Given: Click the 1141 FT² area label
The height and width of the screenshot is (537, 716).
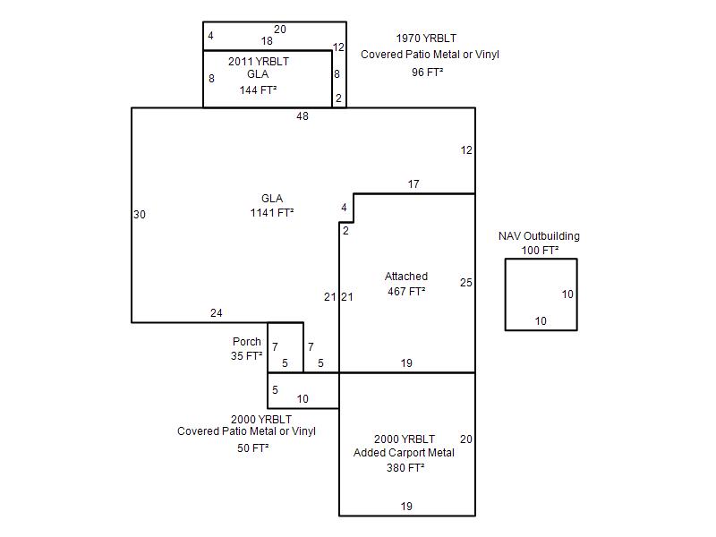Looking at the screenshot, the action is [272, 213].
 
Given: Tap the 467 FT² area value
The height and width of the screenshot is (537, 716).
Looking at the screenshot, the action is [406, 292].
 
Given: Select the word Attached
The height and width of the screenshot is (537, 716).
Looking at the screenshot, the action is [406, 277].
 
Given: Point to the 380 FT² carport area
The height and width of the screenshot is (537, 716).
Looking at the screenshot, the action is [405, 467].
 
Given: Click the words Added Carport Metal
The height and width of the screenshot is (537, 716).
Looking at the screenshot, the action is [404, 453].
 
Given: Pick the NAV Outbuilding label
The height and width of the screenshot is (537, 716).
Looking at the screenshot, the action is [539, 236].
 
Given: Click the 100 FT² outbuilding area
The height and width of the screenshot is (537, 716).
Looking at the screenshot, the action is [540, 251].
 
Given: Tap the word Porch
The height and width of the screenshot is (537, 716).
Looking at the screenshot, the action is [247, 342].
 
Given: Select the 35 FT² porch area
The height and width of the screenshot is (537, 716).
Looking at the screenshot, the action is [246, 355].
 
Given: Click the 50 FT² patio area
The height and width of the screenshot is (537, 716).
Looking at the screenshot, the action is [252, 448].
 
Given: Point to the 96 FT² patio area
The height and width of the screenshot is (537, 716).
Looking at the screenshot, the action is [428, 72].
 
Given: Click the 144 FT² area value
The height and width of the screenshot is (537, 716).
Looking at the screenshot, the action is [258, 90].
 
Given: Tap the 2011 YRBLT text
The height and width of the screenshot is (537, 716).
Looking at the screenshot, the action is [259, 61].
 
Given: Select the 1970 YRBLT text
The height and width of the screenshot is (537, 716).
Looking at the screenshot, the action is [426, 38].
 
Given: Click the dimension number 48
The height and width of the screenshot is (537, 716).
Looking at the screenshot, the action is [303, 116].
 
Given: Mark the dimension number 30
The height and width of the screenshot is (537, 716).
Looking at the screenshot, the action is [140, 214].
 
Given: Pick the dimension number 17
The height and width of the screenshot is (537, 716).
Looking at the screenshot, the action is [413, 184].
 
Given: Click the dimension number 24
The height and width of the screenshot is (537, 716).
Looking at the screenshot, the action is [216, 312].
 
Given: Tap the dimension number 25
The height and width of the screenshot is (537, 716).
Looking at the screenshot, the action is [465, 282].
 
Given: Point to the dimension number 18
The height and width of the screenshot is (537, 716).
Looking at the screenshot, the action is [267, 40].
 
